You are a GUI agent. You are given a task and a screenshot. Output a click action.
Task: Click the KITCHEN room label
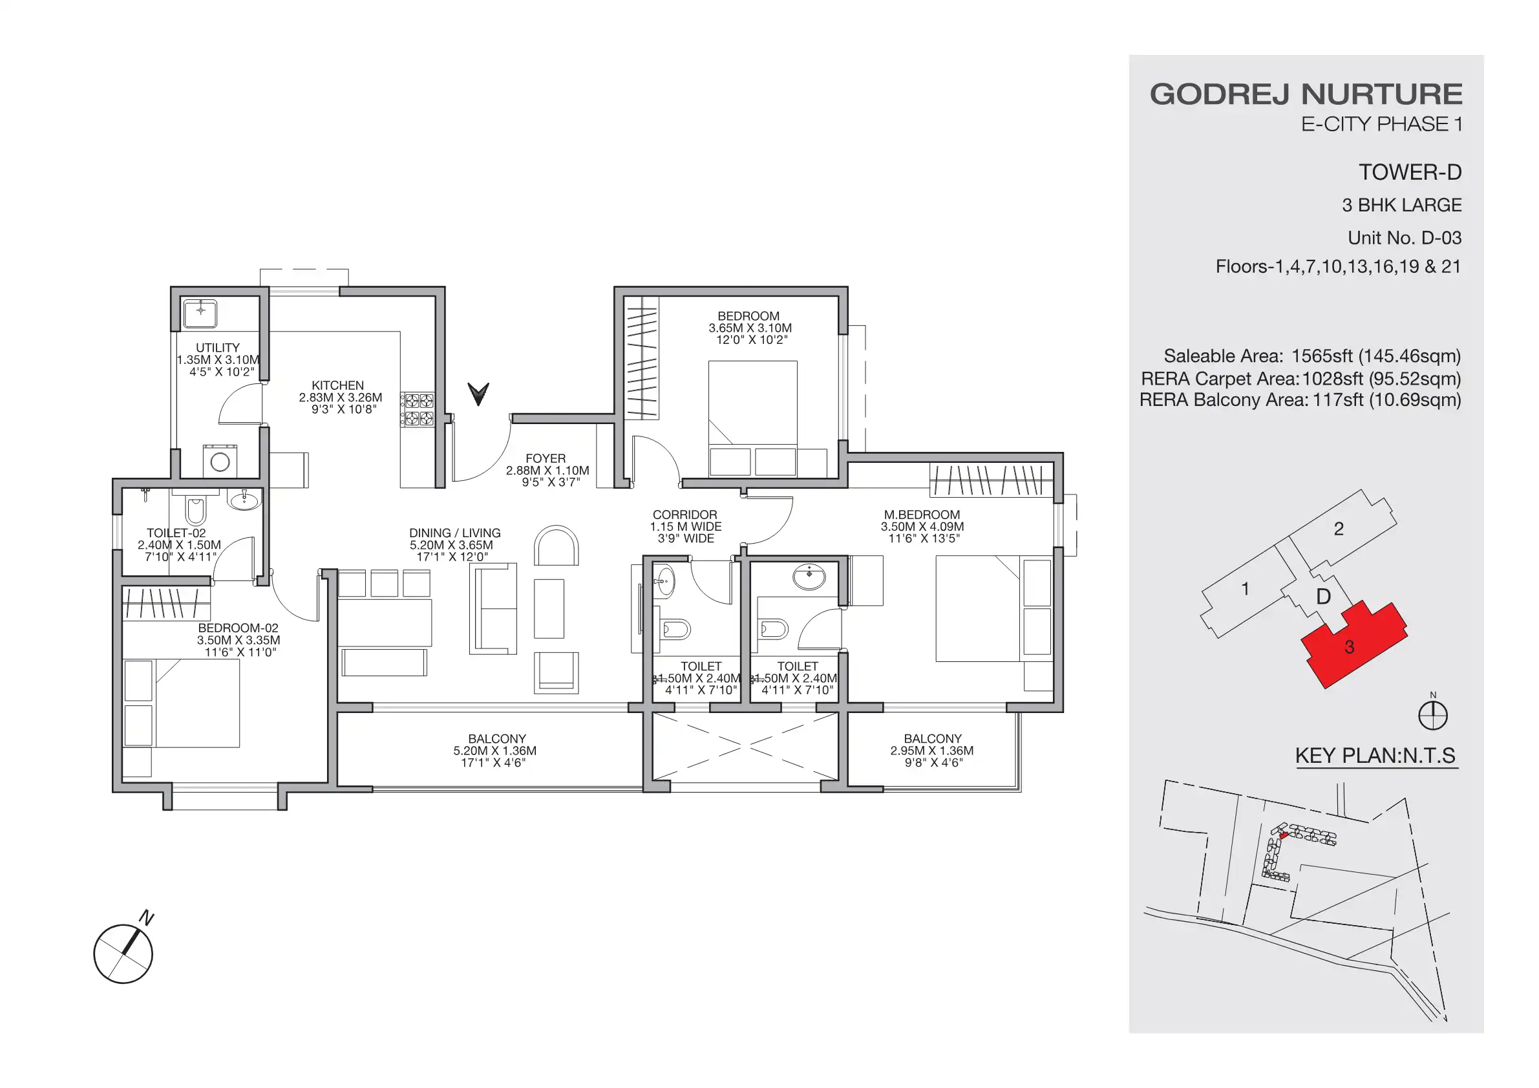pos(338,385)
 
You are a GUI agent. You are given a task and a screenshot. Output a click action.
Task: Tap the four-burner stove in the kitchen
pos(418,410)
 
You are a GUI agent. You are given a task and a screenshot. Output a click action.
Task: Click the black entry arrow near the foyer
pos(478,394)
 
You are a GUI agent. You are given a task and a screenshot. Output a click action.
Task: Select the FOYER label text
pos(545,458)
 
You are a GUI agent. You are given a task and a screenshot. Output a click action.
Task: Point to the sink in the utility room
pos(200,312)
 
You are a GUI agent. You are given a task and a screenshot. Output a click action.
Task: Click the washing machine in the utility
pos(220,461)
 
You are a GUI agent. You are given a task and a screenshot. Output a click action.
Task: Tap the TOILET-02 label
pos(176,533)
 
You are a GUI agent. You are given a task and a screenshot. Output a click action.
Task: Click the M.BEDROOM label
pos(922,515)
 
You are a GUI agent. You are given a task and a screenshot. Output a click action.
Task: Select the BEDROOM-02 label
pos(238,628)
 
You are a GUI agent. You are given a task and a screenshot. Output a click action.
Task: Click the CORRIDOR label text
pos(685,515)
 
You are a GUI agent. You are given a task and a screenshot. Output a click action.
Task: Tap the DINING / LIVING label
pos(454,533)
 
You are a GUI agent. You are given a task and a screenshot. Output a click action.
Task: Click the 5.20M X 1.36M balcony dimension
pos(494,751)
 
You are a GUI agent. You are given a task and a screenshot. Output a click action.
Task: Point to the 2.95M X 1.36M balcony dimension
pos(931,751)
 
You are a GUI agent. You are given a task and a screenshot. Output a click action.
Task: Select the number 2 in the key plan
pos(1339,529)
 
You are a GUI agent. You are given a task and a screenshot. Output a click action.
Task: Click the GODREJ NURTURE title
pos(1306,94)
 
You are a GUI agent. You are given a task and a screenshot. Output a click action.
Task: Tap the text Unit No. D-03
pos(1405,238)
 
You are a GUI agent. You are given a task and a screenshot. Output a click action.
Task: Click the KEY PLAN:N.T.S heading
pos(1375,756)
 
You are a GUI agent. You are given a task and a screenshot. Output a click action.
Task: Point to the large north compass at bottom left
pos(123,954)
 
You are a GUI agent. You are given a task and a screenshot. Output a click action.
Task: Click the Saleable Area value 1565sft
pos(1321,356)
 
